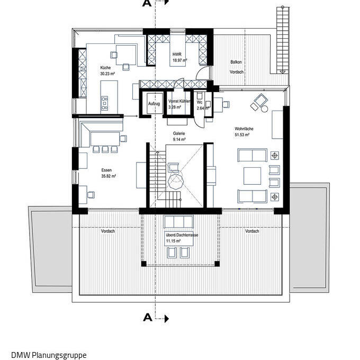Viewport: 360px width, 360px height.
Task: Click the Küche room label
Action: coord(105,68)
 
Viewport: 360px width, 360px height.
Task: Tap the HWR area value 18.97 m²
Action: coord(180,60)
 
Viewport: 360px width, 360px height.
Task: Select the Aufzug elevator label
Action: coord(154,104)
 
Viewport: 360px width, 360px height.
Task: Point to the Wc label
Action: coord(200,102)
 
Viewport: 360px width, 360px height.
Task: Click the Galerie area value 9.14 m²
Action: coord(179,139)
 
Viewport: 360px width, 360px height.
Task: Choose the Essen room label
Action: coord(106,170)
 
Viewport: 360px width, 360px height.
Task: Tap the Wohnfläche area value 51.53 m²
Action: coord(242,135)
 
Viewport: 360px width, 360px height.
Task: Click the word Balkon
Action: coord(236,62)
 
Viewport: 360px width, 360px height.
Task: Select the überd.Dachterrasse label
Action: coord(182,235)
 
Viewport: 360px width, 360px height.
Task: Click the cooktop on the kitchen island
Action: coord(104,103)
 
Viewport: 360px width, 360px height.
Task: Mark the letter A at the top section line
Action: coord(147,3)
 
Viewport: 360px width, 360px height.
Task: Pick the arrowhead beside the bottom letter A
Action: coord(167,319)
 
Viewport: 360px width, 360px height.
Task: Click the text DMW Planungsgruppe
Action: coord(49,355)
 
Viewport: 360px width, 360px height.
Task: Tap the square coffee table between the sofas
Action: coord(252,176)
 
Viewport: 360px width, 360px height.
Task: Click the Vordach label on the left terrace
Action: coord(107,231)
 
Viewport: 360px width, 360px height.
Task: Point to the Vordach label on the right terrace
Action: coord(252,231)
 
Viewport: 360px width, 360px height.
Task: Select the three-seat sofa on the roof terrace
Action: coord(178,221)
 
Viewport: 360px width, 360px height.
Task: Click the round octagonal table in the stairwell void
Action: coord(176,182)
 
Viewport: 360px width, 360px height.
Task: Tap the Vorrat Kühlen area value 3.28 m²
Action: coord(175,107)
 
